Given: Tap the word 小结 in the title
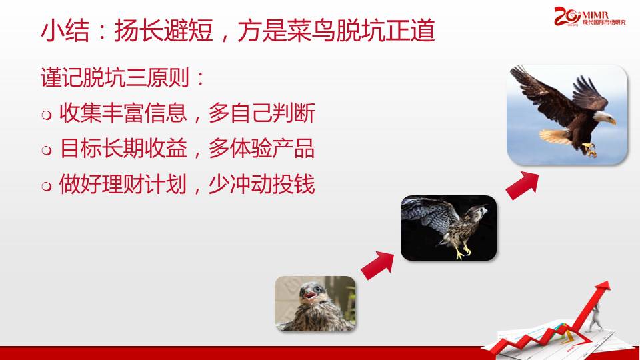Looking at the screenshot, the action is coord(65,31).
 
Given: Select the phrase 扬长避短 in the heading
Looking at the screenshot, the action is coord(164,31).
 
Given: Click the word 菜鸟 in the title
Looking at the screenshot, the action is coord(311,31).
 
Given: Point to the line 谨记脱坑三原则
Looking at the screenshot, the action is coord(123,77).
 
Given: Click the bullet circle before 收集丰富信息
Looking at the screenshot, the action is coord(47,115).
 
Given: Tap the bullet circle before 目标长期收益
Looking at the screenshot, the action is coord(47,150).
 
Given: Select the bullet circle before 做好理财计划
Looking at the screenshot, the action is coord(47,186).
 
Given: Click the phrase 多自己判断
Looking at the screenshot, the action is coord(261,113).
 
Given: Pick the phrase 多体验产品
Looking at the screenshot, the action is coord(261,148).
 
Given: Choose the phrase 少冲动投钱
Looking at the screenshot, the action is coord(261,184).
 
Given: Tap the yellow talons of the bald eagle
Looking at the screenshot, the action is coord(589,149).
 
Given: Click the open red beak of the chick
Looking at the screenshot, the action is coord(309,295).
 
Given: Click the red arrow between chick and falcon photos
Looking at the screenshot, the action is coord(378,265).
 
